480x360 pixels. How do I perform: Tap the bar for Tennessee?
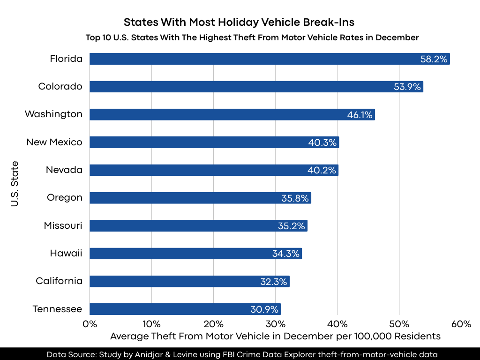(x=185, y=309)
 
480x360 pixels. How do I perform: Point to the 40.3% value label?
(x=322, y=142)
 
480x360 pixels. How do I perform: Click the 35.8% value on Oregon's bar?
(x=295, y=198)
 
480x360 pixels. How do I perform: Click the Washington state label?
(x=53, y=114)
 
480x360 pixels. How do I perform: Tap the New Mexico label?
(x=54, y=142)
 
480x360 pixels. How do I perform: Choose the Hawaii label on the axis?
(x=66, y=254)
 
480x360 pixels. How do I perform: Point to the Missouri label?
(x=63, y=225)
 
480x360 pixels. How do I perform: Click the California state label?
(x=59, y=281)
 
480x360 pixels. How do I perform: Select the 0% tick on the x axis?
(x=90, y=324)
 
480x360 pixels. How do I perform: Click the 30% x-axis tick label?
(x=275, y=324)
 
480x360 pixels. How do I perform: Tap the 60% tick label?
(x=461, y=324)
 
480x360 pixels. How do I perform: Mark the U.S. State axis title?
(x=15, y=184)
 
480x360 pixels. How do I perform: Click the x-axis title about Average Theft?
(x=275, y=336)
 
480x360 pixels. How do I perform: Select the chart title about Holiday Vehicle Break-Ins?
(x=240, y=22)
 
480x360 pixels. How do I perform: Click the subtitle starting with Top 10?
(x=252, y=37)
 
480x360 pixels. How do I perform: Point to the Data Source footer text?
(x=242, y=354)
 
